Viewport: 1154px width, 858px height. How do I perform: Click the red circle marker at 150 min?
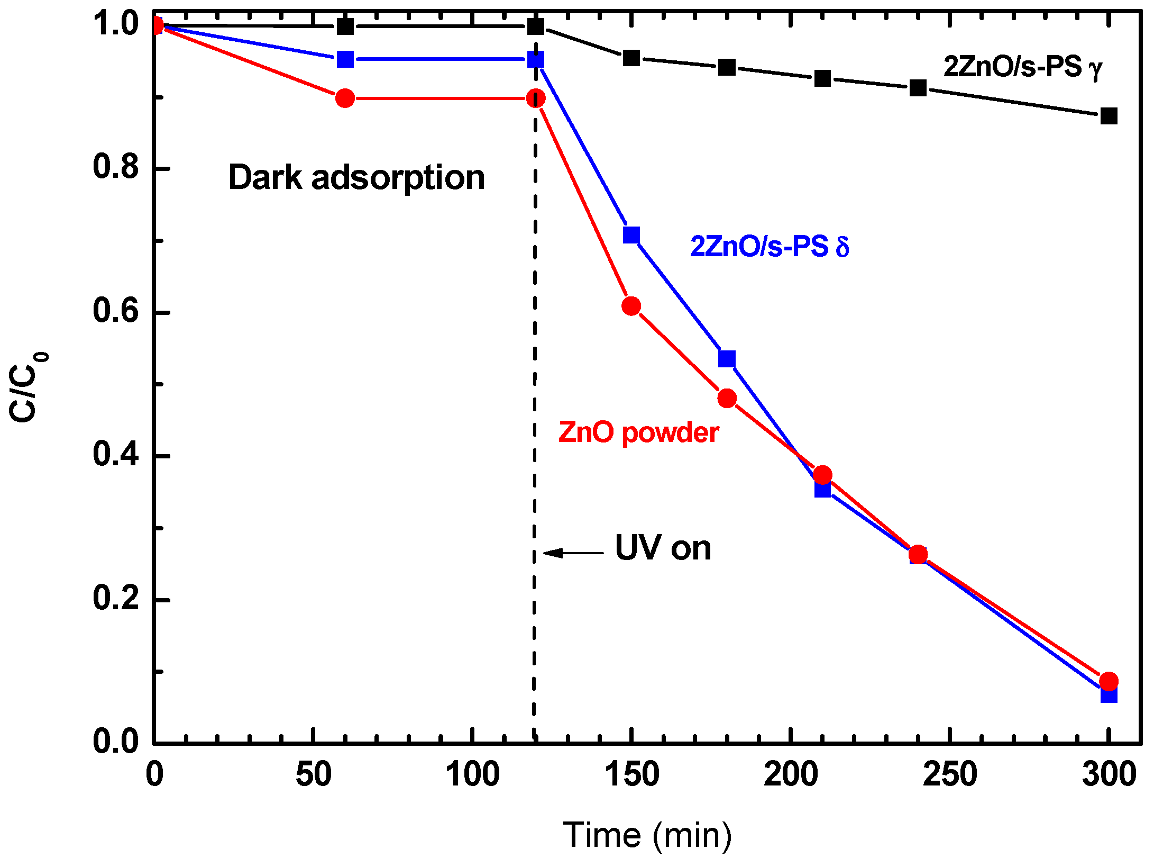tap(631, 306)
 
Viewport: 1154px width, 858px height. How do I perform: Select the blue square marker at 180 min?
tap(727, 359)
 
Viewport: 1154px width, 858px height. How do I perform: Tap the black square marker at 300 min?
tap(1109, 116)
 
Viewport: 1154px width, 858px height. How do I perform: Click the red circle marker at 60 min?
tap(345, 98)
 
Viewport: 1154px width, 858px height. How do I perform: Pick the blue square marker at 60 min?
tap(345, 59)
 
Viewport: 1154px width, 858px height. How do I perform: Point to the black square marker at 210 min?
tap(822, 79)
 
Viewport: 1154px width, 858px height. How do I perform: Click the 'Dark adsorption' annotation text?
tap(356, 177)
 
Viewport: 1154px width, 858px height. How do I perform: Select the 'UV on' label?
tap(663, 548)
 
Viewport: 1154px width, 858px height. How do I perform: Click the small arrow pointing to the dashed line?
tap(572, 553)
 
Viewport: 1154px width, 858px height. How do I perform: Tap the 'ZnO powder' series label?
tap(638, 432)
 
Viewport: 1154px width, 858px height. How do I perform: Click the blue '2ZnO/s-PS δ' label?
tap(770, 247)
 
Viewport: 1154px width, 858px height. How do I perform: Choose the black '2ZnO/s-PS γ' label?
tap(1023, 67)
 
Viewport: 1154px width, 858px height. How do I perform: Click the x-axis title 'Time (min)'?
tap(647, 835)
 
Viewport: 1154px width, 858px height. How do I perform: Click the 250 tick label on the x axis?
tap(950, 774)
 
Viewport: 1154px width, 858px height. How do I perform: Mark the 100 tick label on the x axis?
tap(472, 774)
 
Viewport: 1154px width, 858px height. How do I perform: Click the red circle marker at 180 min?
tap(727, 398)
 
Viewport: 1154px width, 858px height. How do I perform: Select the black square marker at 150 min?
tap(631, 58)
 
